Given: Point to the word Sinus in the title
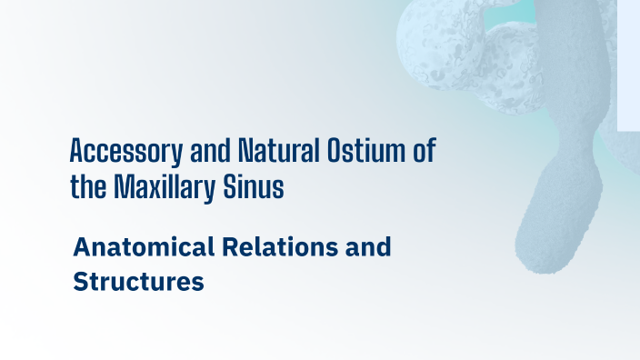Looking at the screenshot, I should click(x=258, y=186).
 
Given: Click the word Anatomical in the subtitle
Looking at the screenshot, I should click(x=145, y=246).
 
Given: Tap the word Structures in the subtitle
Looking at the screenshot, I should click(x=138, y=282).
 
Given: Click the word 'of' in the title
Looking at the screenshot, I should click(x=424, y=150).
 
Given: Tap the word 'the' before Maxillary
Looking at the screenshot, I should click(x=89, y=186).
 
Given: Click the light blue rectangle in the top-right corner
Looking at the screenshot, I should click(x=628, y=64).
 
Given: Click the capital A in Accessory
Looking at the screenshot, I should click(x=77, y=150).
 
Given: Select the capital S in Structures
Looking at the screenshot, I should click(x=81, y=282).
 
